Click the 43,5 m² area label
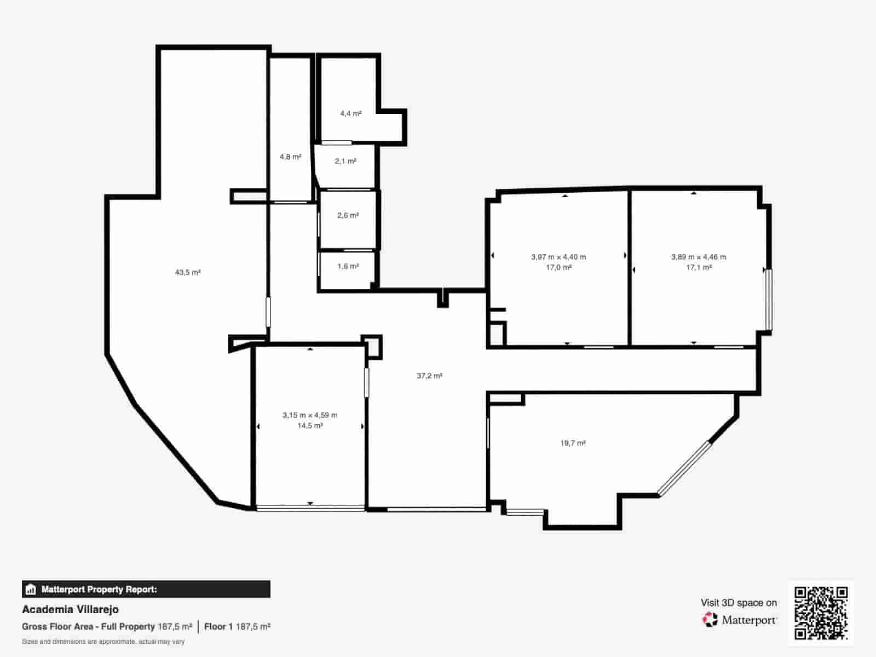coord(188,273)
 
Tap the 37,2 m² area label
coord(429,376)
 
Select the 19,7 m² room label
coord(573,443)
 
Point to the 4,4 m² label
coord(351,114)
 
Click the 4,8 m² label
coord(291,157)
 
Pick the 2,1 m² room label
coord(345,161)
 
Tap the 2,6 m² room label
coord(348,215)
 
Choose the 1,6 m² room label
coord(348,266)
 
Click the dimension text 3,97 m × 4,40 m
coord(558,257)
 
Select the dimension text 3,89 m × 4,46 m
coord(699,257)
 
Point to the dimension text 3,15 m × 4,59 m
coord(310,415)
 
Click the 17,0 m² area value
coord(559,267)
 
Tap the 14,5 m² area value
coord(310,425)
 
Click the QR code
coord(821,613)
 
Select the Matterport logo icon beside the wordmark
coord(710,620)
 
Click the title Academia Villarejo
coord(70,609)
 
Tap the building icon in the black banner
coord(31,589)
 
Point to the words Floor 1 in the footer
coord(218,627)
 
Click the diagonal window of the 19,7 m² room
coord(684,469)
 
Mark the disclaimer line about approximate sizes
coord(103,642)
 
